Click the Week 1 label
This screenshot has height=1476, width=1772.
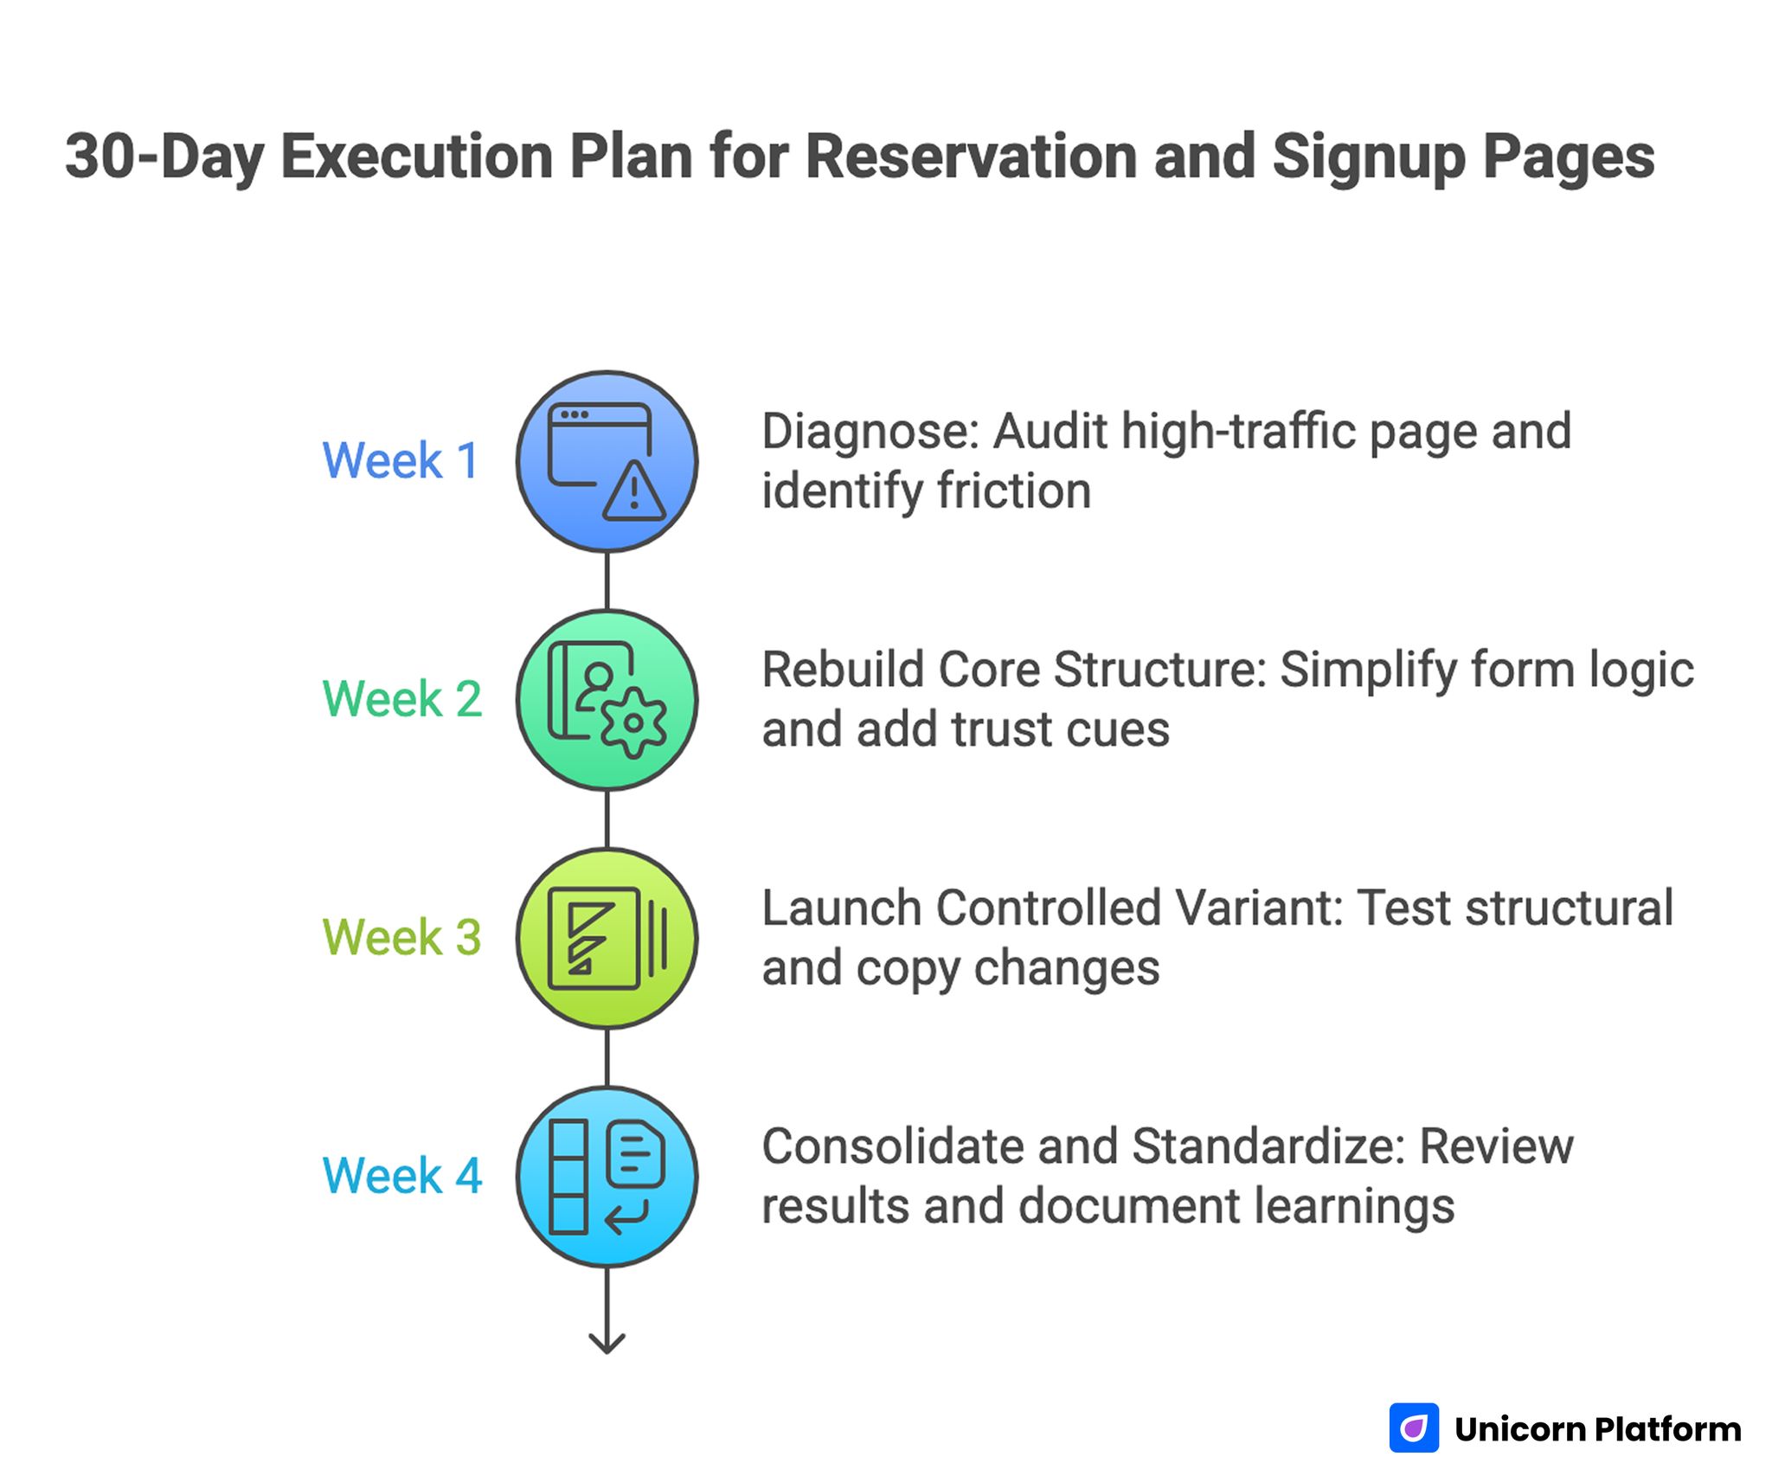[x=401, y=460]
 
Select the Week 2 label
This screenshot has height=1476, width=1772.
[x=402, y=699]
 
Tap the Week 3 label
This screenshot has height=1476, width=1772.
[x=402, y=938]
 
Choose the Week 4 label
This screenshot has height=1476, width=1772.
[x=402, y=1176]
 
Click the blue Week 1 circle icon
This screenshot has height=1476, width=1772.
[x=607, y=462]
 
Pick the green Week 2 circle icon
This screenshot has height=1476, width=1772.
[x=607, y=700]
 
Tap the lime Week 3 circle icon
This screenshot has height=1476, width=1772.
[x=607, y=939]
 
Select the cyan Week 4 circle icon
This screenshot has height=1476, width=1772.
[x=607, y=1177]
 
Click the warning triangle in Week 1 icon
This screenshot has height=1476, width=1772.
[x=634, y=494]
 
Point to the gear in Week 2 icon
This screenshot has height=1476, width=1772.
[x=633, y=723]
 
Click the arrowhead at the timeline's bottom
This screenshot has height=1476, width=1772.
[x=607, y=1343]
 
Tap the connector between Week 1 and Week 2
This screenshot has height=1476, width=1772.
[x=607, y=581]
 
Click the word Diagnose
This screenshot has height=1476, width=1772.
[x=869, y=432]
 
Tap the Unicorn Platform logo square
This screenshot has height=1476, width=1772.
[x=1414, y=1428]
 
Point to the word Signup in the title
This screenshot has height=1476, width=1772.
[x=1369, y=157]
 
